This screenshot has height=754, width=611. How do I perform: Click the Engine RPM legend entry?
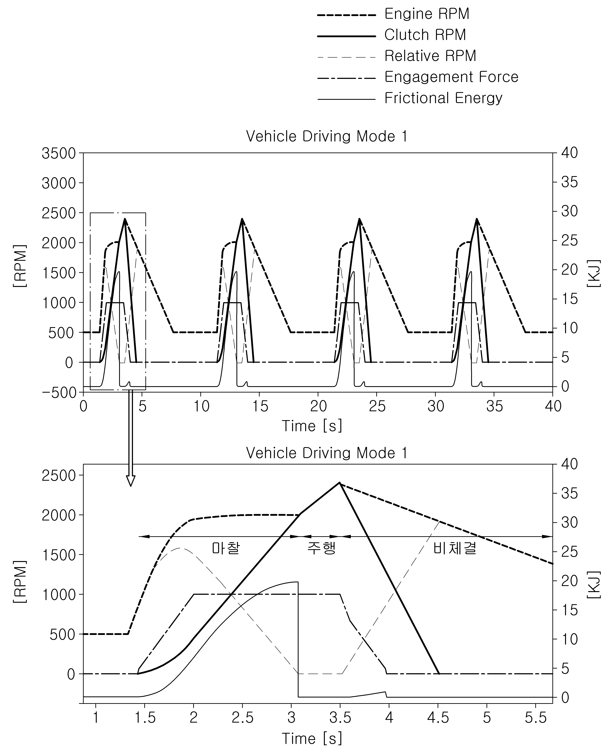393,14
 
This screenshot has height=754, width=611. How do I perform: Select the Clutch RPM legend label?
425,35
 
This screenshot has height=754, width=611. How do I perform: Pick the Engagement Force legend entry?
418,77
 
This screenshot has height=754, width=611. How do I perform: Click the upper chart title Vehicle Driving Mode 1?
327,136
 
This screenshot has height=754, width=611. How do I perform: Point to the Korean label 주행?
321,548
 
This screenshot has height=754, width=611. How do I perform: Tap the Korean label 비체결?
455,548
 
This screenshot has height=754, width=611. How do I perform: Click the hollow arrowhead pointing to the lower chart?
131,481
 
